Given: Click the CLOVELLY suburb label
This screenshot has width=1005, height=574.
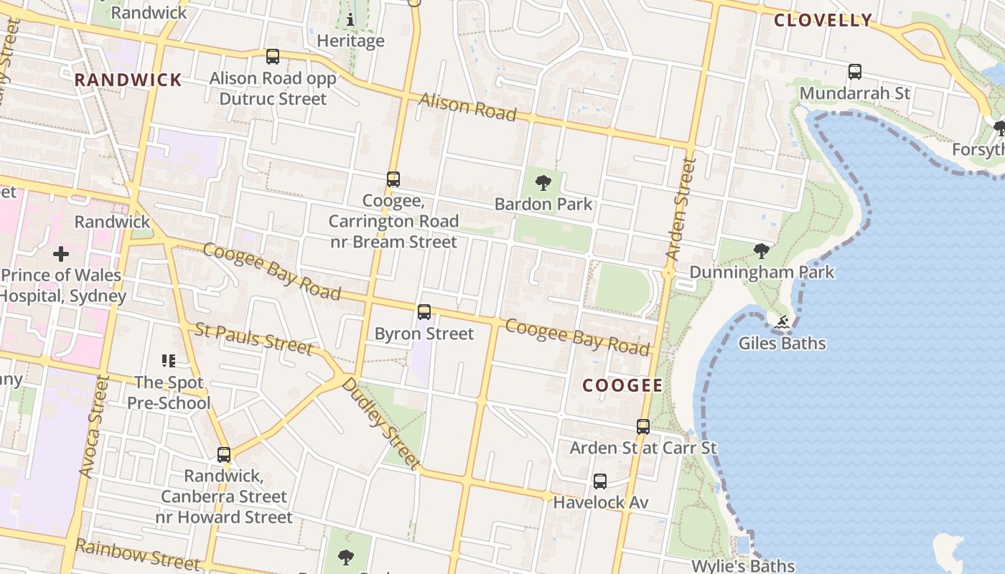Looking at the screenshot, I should (x=823, y=20).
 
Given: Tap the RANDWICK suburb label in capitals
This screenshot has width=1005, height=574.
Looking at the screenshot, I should (x=128, y=80).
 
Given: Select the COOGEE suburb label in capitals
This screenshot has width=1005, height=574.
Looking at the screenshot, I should (x=622, y=385).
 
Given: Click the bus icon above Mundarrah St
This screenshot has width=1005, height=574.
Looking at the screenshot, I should (x=854, y=72).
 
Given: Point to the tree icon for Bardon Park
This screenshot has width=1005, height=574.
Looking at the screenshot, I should (x=543, y=182).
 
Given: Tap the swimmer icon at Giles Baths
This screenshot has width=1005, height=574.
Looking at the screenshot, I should (x=782, y=323).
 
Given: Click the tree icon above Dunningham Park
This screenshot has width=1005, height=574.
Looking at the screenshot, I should (x=762, y=251).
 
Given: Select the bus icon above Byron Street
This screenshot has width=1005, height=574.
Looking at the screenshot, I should (x=424, y=312).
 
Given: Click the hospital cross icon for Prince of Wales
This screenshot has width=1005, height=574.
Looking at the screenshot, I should (x=61, y=254).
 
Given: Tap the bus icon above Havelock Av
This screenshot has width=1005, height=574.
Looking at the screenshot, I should (x=600, y=481).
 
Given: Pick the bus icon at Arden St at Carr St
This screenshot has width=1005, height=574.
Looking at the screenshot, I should (x=643, y=427).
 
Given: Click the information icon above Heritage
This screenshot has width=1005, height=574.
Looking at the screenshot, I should (x=350, y=19).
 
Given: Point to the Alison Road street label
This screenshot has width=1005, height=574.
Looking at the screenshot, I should (x=467, y=107).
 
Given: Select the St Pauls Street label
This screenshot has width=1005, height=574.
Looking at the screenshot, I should (x=254, y=339).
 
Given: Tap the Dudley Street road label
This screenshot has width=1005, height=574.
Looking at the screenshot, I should (x=380, y=423).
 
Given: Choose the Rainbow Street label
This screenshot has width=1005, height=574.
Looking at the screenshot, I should (x=138, y=554).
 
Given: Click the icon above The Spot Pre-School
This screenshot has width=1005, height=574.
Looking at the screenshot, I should (x=169, y=360).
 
